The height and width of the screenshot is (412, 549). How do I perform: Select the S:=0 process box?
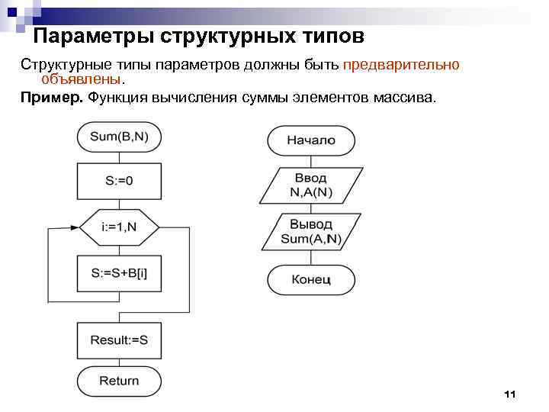pos(119,181)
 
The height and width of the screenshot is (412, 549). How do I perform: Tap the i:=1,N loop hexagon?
pos(119,227)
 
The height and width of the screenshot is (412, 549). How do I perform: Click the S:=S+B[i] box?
pos(119,272)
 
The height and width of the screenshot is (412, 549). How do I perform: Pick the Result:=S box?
pos(119,340)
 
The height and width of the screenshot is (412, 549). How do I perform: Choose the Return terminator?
pos(119,381)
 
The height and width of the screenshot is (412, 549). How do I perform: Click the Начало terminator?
pos(311,140)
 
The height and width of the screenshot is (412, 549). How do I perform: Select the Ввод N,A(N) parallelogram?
pos(311,185)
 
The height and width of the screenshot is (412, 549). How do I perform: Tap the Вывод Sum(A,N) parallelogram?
pos(311,231)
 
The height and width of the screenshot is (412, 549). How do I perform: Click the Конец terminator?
pos(311,279)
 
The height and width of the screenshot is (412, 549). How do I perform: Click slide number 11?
pos(510,394)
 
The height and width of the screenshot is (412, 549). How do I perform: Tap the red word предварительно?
pos(401,65)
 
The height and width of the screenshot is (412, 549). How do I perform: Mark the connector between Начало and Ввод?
pos(311,160)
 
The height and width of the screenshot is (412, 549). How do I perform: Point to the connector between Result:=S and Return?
pos(119,361)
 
